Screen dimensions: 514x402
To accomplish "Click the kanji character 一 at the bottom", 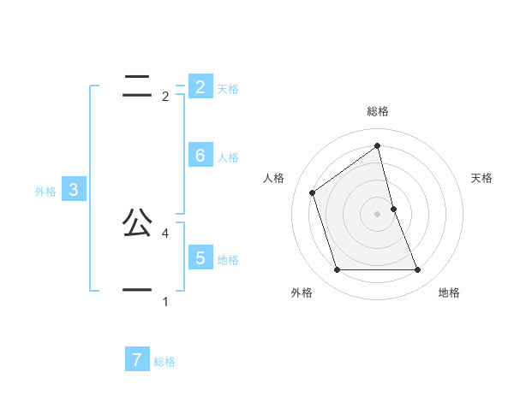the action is pos(137,291).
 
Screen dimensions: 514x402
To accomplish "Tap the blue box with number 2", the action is pos(200,86).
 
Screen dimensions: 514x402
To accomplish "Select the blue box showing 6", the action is pos(200,155).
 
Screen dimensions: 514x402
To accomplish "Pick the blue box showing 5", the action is pos(200,257).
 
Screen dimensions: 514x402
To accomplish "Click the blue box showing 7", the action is pos(137,359).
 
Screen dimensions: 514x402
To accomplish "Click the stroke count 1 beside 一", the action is pos(165,301).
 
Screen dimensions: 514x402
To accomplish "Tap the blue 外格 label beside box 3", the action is pos(45,192).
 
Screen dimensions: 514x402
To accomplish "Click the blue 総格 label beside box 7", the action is pos(164,362).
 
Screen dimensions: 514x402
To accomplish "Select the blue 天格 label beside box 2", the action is pos(228,89).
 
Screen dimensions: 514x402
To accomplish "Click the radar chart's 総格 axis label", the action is pos(378,111).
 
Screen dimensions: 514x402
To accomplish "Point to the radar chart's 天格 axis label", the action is pos(482,178).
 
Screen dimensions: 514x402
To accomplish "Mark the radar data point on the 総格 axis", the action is pos(378,145).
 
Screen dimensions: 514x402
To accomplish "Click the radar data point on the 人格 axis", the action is pos(313,192).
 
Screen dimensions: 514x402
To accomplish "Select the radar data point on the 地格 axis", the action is pos(418,270).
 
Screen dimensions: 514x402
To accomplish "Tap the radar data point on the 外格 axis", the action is pos(337,270).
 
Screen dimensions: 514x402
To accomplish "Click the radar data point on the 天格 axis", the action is pos(394,209).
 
